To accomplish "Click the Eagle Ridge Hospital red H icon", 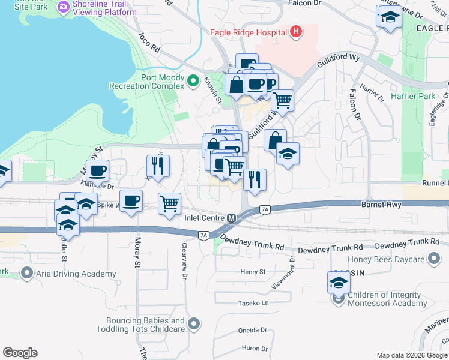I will pos(295,32).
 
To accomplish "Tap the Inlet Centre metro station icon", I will pos(231,218).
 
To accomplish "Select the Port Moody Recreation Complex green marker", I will pos(193,80).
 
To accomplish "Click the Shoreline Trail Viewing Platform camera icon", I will pos(64,8).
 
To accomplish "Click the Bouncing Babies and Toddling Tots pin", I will pos(193,325).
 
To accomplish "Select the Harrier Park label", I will pos(424,96).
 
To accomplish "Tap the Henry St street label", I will pos(253,272).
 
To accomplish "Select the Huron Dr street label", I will pos(255,348).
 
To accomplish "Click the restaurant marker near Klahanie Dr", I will pos(158,166).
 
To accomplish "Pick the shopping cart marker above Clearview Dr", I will pos(170,203).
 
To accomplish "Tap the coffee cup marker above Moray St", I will pos(131,200).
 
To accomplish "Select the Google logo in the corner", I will pos(20,353).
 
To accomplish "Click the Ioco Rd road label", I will pos(149,42).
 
